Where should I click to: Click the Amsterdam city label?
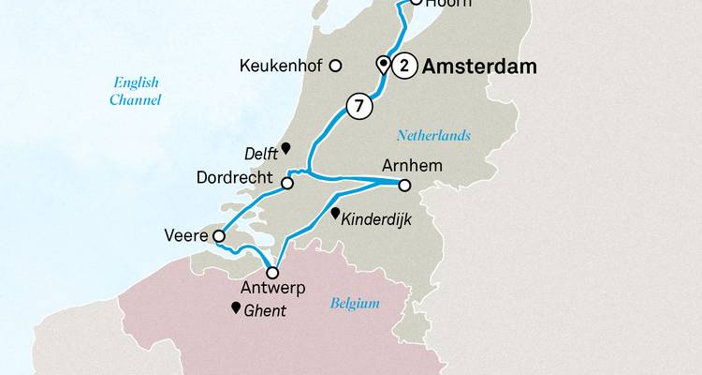pyautogui.click(x=482, y=67)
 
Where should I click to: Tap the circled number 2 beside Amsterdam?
pyautogui.click(x=404, y=66)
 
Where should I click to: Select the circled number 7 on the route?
pyautogui.click(x=357, y=106)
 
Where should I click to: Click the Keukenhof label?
pyautogui.click(x=281, y=67)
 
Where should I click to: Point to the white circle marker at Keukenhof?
pyautogui.click(x=336, y=66)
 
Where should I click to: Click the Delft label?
pyautogui.click(x=261, y=150)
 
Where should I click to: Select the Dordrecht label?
pyautogui.click(x=235, y=177)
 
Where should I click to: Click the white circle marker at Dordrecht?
pyautogui.click(x=287, y=184)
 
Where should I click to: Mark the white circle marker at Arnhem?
pyautogui.click(x=405, y=184)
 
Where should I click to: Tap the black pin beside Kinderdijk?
pyautogui.click(x=336, y=214)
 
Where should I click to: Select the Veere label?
pyautogui.click(x=185, y=236)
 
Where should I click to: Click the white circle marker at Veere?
pyautogui.click(x=219, y=236)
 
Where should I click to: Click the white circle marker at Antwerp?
pyautogui.click(x=272, y=272)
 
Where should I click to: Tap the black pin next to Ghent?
pyautogui.click(x=234, y=307)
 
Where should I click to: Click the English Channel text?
pyautogui.click(x=133, y=91)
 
